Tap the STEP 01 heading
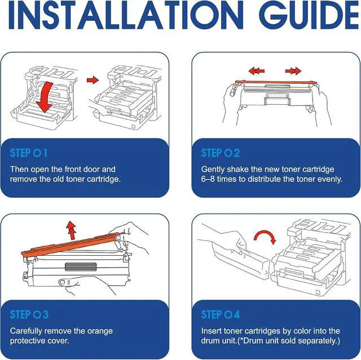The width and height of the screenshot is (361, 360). pos(29,153)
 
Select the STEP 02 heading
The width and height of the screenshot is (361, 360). pos(221,153)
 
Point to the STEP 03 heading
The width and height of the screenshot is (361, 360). pos(29,314)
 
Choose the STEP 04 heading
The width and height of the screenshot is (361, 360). pos(221,314)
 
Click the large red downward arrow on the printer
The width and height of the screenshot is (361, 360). pos(45,97)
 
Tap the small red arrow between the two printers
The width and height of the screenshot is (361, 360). pos(93,80)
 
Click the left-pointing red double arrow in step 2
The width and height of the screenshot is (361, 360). pos(257,71)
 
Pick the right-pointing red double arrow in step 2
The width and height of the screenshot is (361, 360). pos(293,71)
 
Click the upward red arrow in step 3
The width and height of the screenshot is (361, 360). pos(71,230)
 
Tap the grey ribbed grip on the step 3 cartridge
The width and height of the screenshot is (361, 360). pos(81,266)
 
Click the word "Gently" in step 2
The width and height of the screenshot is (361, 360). pos(213,170)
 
